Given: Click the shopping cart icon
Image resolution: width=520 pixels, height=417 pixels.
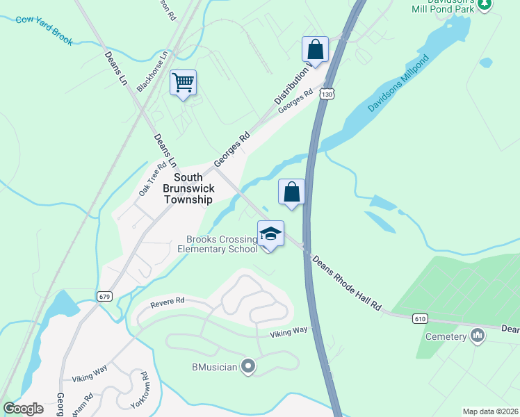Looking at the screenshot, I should (x=183, y=83).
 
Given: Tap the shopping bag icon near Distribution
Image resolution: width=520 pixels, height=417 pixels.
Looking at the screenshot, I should (x=315, y=50).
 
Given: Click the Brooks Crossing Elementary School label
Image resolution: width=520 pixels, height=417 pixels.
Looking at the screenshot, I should (x=218, y=244).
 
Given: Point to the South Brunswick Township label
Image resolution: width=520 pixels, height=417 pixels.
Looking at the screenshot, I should (x=188, y=188).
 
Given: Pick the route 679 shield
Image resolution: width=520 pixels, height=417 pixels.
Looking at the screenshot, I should (x=105, y=296).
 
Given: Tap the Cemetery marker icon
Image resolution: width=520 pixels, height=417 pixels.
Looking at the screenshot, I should (x=478, y=337).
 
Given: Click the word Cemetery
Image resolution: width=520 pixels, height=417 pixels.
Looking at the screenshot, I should (x=446, y=337).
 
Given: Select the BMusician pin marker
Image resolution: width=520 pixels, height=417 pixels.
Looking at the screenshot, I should (x=248, y=366).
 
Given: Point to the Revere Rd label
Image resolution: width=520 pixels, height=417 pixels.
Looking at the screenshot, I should (x=168, y=302).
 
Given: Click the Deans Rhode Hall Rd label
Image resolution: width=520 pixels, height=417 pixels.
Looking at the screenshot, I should (x=348, y=283).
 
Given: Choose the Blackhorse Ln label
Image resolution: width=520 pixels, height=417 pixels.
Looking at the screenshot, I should (x=153, y=70).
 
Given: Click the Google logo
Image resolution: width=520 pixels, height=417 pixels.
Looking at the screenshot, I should (x=23, y=409).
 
